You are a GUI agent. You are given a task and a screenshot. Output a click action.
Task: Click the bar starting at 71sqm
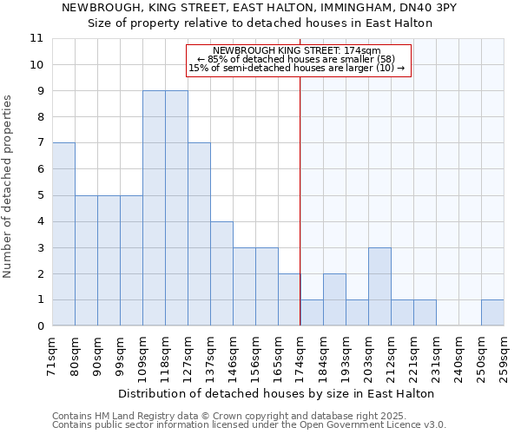[63, 234]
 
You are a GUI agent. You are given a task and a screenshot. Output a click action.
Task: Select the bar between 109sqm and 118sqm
[154, 208]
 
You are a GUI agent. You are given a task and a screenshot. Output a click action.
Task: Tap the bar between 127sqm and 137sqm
[199, 234]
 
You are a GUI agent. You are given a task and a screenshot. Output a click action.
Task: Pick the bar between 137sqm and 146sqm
[221, 273]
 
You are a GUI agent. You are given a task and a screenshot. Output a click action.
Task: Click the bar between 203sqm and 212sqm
[379, 286]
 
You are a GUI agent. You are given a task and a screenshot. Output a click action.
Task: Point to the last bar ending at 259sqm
[492, 312]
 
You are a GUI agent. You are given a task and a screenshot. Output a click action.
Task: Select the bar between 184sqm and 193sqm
[334, 299]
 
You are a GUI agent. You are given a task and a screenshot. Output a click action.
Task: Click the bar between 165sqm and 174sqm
[289, 299]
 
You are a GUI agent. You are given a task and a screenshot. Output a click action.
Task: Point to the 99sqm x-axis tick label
[120, 356]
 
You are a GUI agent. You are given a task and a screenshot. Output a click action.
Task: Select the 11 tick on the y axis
[36, 38]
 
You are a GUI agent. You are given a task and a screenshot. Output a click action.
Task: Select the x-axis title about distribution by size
[275, 393]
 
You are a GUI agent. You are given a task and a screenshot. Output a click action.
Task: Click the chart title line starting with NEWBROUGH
[260, 8]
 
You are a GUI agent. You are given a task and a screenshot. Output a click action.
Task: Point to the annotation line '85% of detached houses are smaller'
[296, 59]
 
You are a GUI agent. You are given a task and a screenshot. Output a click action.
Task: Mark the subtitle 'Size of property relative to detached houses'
[260, 23]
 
